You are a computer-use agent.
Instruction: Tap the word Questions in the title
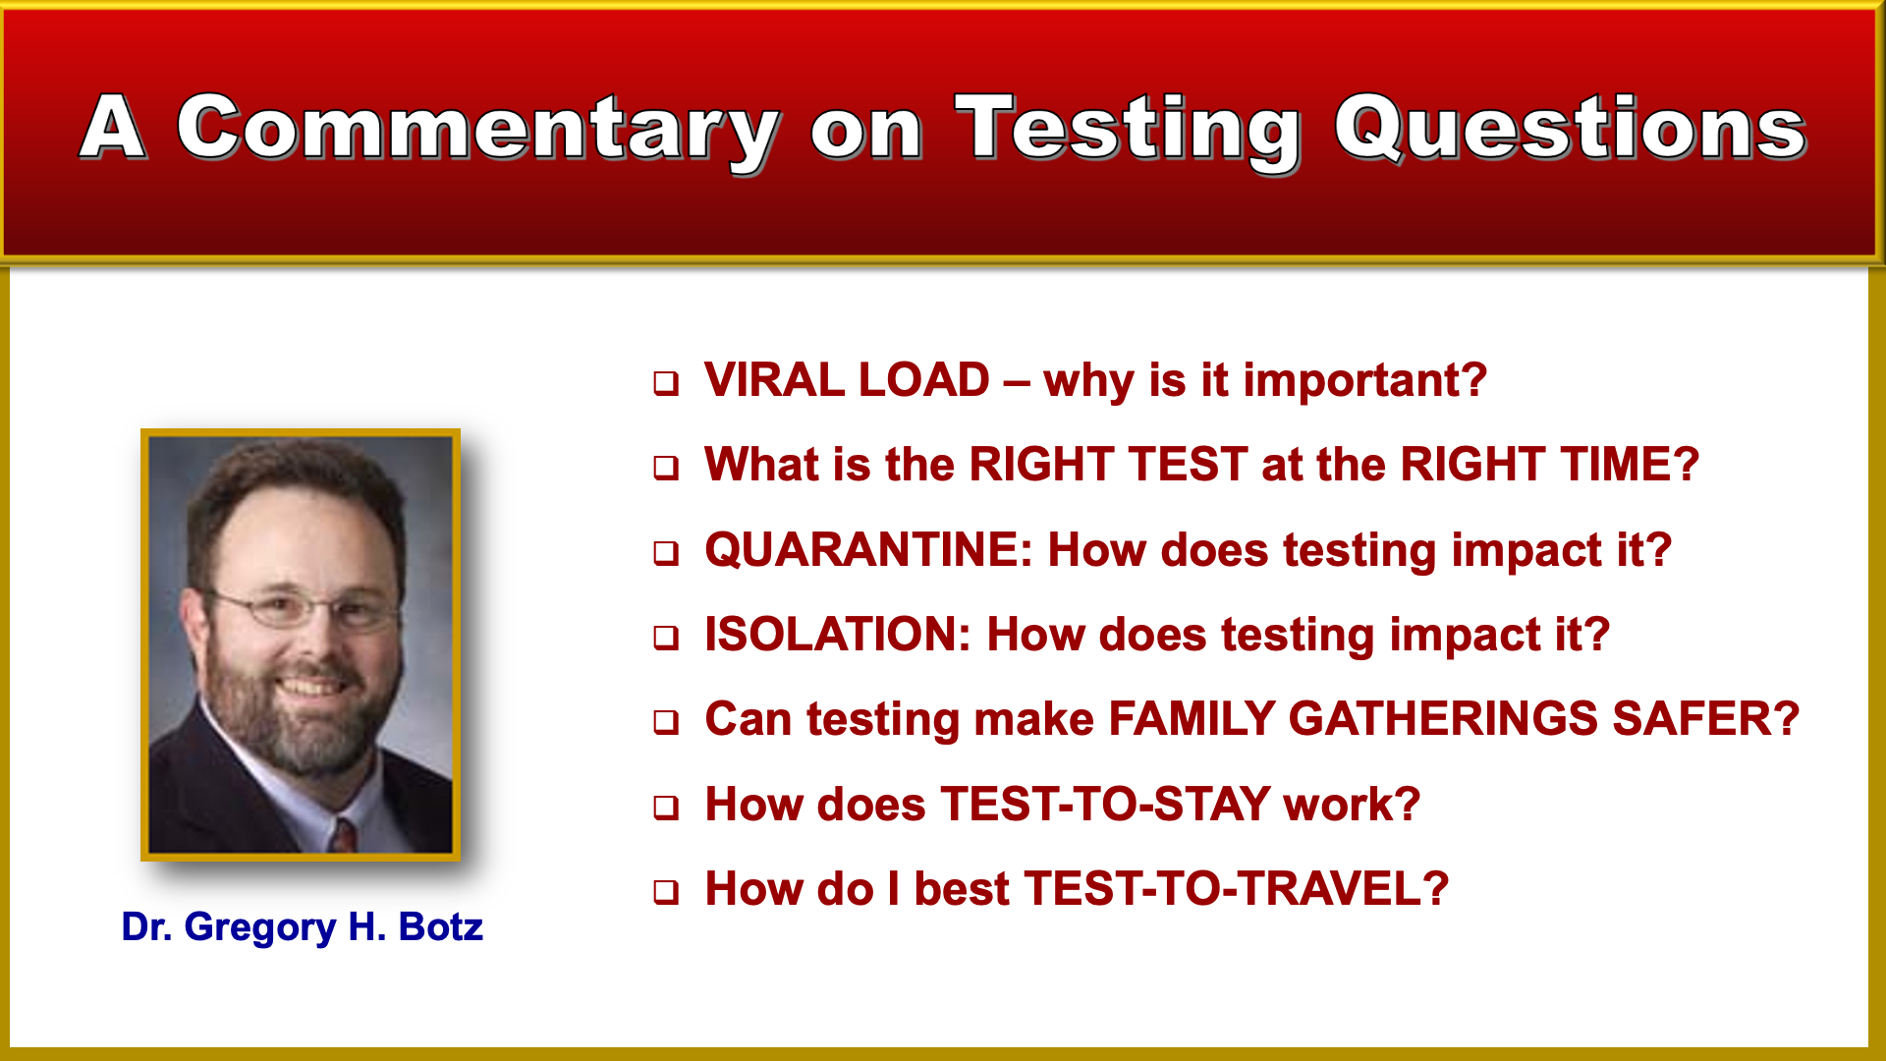(1570, 127)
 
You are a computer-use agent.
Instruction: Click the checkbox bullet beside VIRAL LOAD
(666, 383)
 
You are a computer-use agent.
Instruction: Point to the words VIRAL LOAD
(847, 380)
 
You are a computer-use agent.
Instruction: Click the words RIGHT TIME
(1550, 465)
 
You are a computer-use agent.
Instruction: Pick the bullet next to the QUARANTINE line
(666, 553)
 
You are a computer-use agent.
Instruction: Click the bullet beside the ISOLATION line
(666, 638)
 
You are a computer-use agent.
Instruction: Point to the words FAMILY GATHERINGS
(1354, 719)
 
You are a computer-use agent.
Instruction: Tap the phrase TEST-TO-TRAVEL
(1236, 889)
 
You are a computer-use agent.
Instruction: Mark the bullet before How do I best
(666, 892)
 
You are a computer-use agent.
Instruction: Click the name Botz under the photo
(440, 927)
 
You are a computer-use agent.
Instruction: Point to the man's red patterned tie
(343, 836)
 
